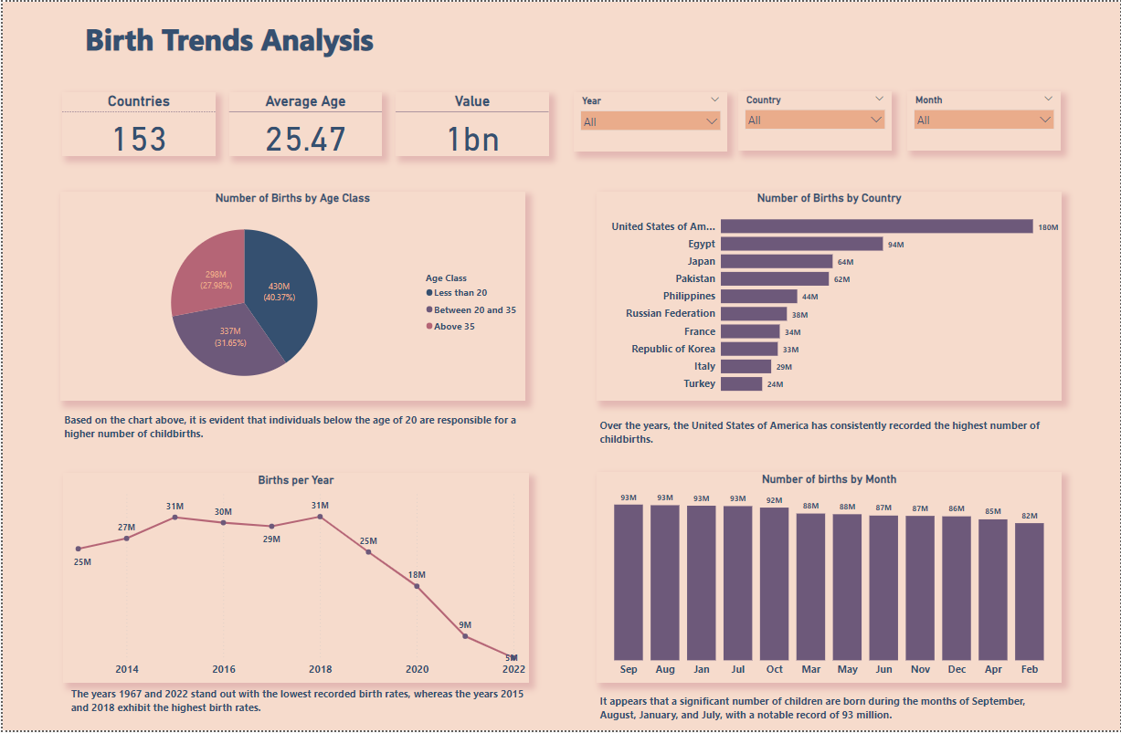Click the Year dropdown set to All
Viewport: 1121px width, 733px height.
[650, 121]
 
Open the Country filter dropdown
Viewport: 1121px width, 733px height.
[814, 120]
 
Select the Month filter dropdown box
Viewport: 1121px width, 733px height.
[983, 120]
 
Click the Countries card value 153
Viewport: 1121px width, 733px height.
[139, 139]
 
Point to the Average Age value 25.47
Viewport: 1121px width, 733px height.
[305, 139]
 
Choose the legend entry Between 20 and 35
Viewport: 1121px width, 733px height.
[474, 310]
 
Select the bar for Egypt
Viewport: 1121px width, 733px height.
[801, 244]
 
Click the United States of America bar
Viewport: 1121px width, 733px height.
[876, 226]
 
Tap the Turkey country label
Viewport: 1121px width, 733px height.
[699, 384]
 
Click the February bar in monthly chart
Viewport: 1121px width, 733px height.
[1029, 591]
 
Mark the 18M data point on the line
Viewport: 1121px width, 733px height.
[417, 586]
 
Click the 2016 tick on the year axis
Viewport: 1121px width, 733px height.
[224, 669]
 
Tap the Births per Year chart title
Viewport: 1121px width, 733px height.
[295, 480]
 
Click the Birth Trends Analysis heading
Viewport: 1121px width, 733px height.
[229, 41]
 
